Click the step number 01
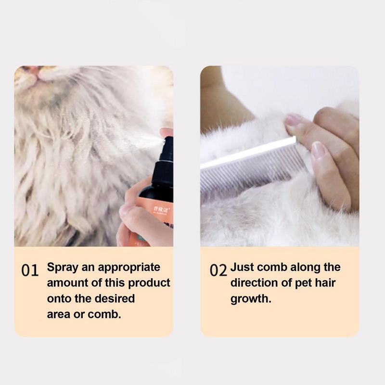pyautogui.click(x=30, y=270)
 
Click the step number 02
pyautogui.click(x=218, y=270)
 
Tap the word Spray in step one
pyautogui.click(x=62, y=268)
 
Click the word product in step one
pyautogui.click(x=151, y=283)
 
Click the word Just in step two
pyautogui.click(x=243, y=268)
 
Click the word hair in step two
pyautogui.click(x=328, y=283)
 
